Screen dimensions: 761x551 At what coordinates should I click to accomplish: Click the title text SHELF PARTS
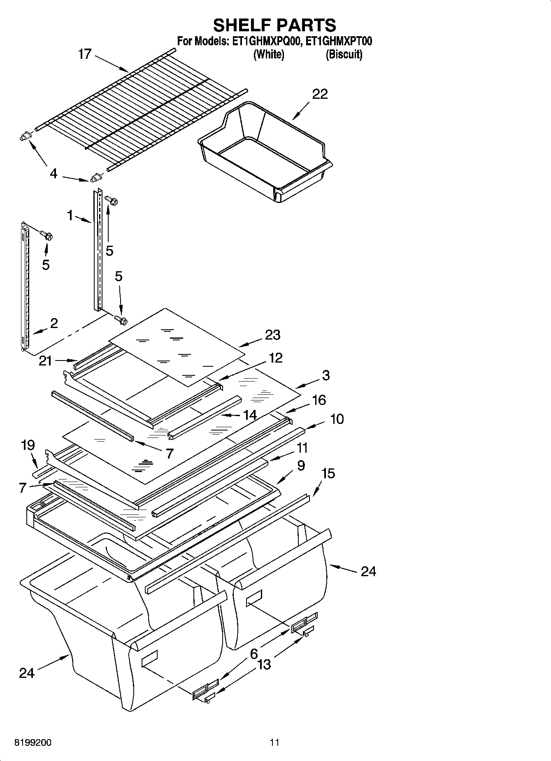coord(274,26)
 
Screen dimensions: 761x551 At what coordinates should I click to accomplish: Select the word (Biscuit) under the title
coord(344,54)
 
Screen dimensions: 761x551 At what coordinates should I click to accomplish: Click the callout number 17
coord(85,54)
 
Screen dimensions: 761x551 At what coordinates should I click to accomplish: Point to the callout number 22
coord(320,94)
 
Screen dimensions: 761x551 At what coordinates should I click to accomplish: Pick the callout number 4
coord(53,174)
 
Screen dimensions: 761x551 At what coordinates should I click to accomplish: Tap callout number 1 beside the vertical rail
coord(70,215)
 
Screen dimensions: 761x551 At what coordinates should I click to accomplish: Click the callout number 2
coord(54,323)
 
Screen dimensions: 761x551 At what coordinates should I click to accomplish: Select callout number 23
coord(272,335)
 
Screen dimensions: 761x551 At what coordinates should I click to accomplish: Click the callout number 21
coord(45,361)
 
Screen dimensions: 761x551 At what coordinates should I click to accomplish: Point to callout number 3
coord(326,375)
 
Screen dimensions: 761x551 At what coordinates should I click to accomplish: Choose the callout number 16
coord(319,400)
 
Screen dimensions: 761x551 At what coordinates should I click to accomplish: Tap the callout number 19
coord(28,445)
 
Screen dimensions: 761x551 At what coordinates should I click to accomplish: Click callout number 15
coord(328,474)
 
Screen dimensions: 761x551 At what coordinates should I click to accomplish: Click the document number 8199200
coord(33,742)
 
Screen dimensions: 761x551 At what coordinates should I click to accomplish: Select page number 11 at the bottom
coord(274,742)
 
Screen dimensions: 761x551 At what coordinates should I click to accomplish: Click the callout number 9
coord(301,465)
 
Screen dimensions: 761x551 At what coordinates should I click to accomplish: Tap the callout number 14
coord(250,415)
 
